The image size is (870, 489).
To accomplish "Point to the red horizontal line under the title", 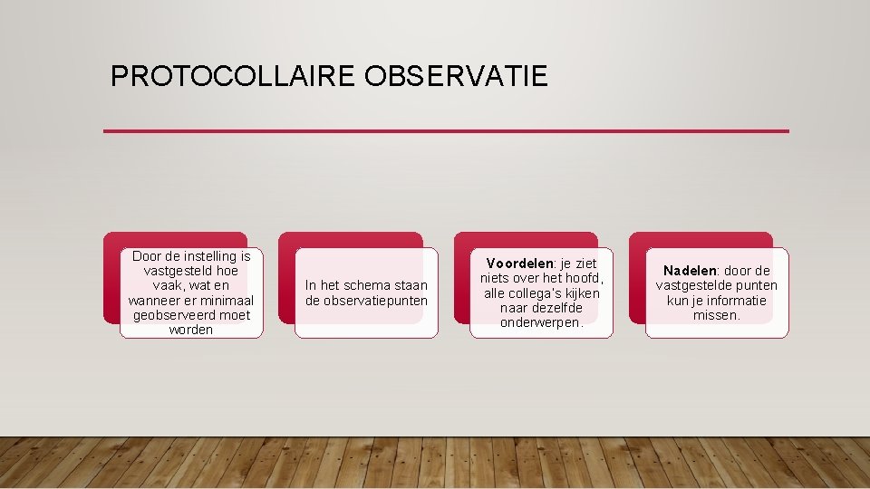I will tap(446, 131).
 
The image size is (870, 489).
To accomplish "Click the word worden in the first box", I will tap(191, 330).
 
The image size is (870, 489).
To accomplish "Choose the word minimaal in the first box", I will tap(225, 301).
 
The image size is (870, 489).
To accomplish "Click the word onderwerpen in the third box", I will tap(541, 322).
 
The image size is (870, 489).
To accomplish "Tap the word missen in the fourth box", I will tap(716, 315).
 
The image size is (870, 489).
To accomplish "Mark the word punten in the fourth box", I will tap(756, 286).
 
